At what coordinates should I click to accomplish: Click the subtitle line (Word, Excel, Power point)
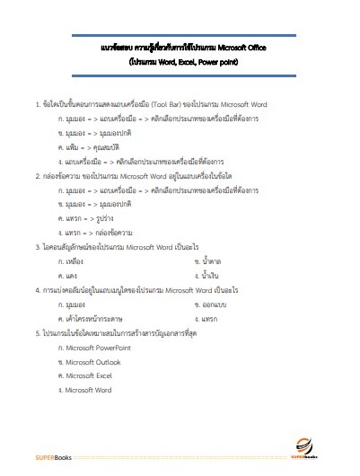(180, 63)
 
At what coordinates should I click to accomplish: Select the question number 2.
(36, 177)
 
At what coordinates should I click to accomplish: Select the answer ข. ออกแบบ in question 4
(214, 304)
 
